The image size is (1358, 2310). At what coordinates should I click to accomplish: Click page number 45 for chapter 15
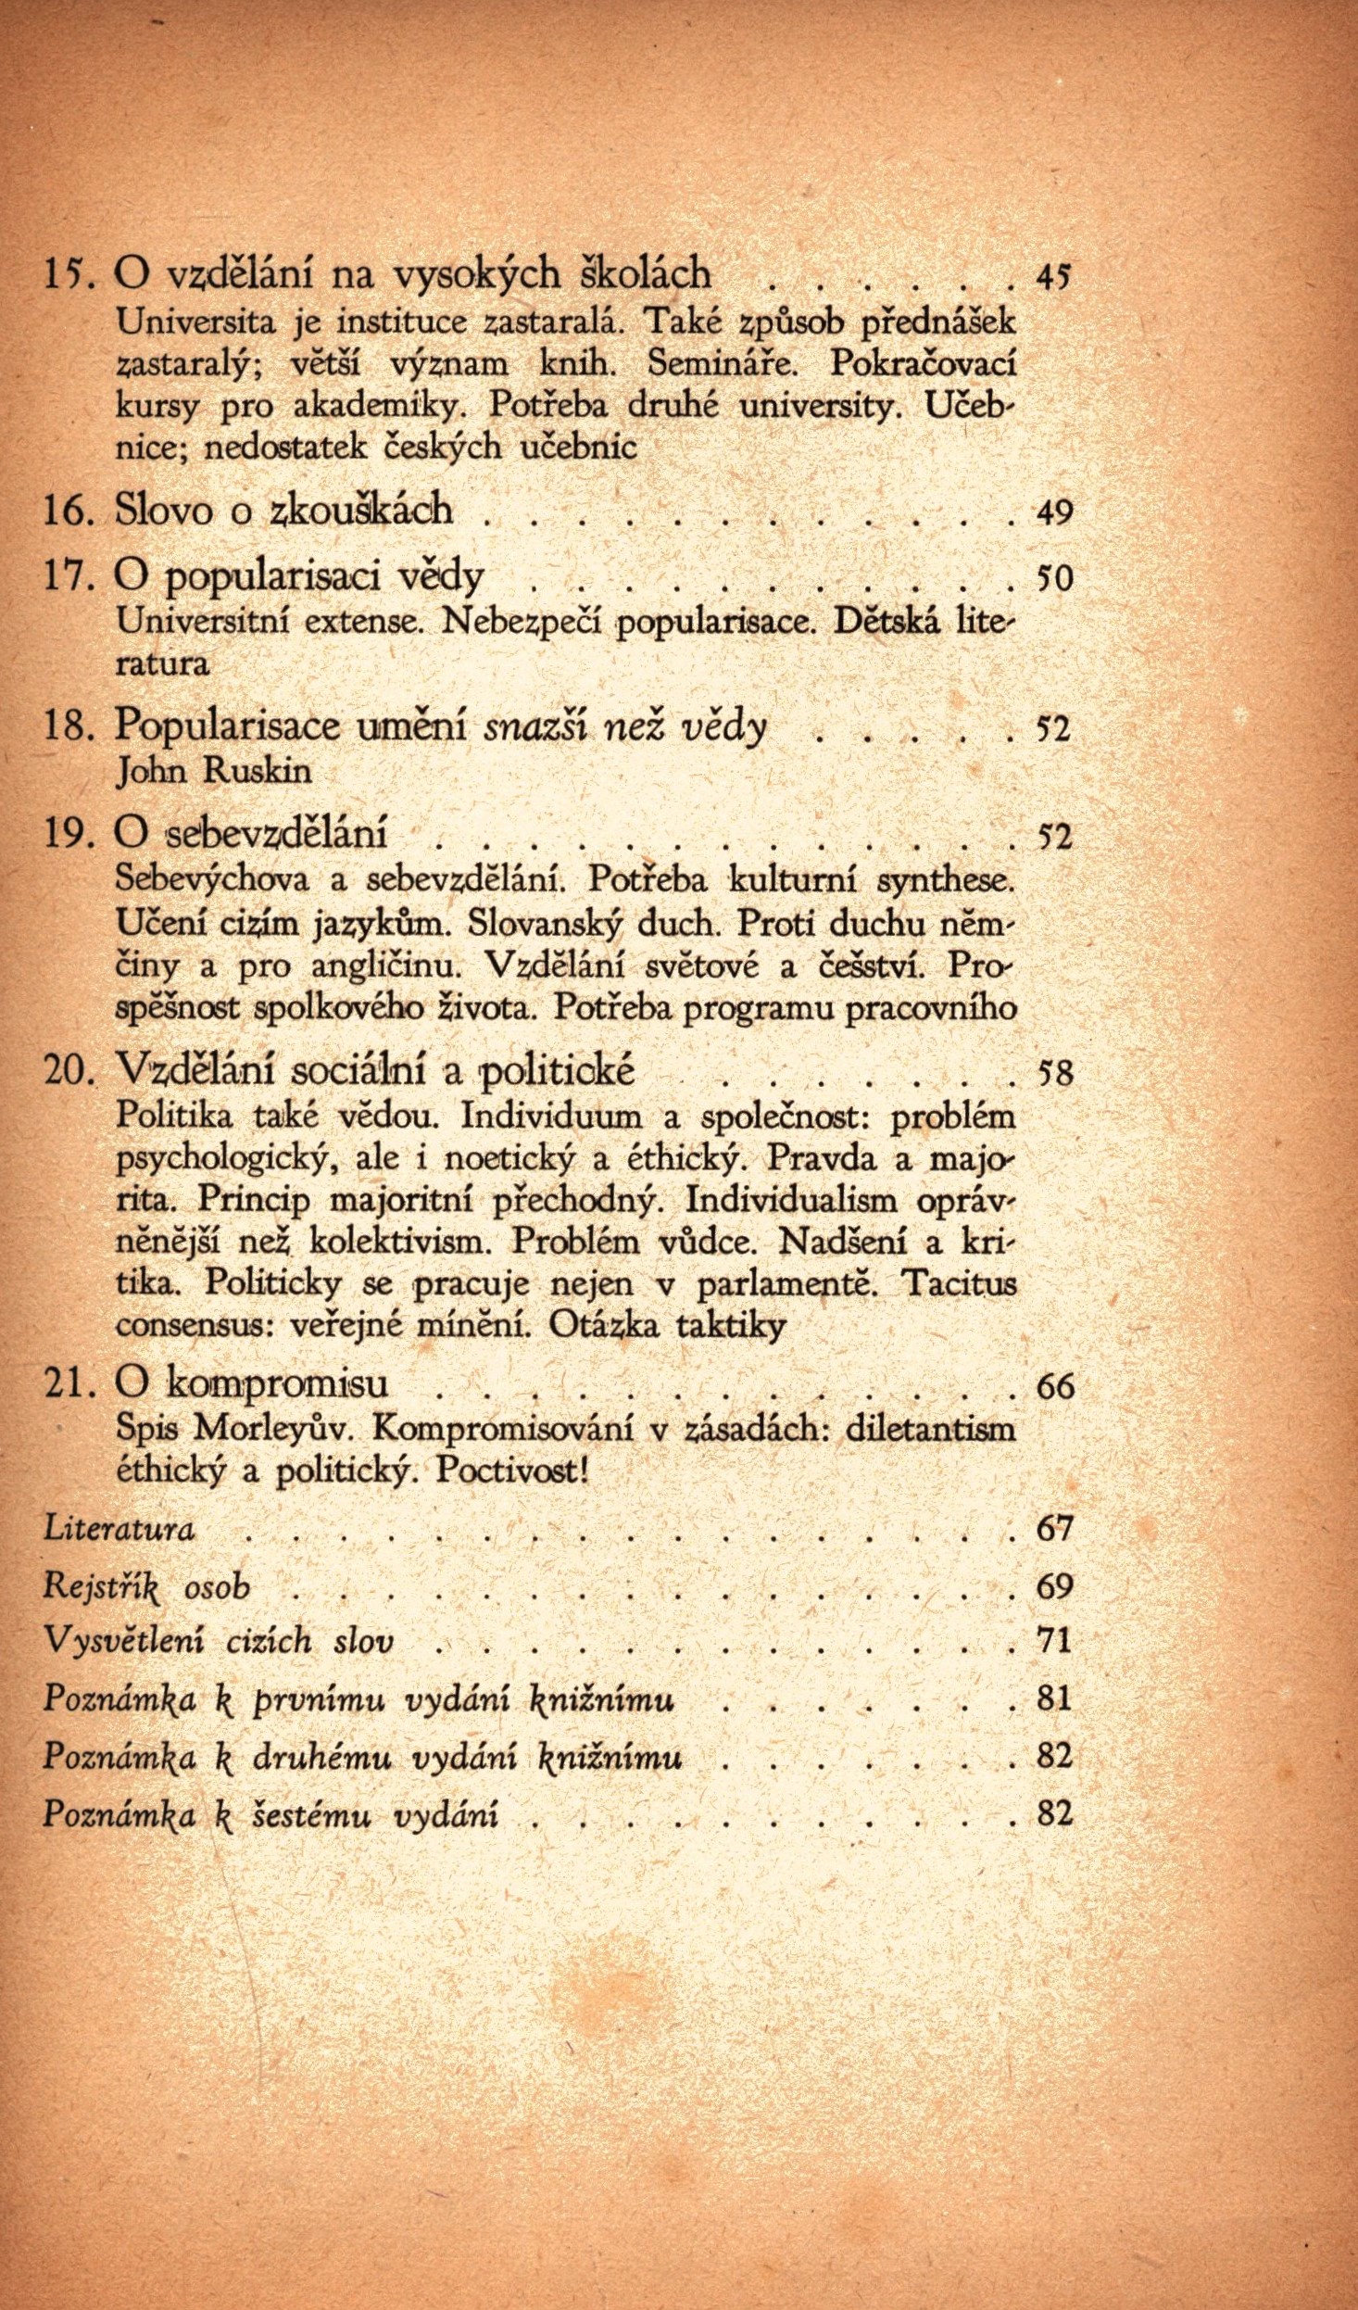1053,276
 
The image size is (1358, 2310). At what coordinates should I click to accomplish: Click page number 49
1053,511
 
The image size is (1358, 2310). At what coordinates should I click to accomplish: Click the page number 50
1053,579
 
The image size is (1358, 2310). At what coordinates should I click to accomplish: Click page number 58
1054,1074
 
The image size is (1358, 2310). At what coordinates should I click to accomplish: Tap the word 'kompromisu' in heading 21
278,1384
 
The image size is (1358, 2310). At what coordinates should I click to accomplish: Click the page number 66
1054,1386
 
